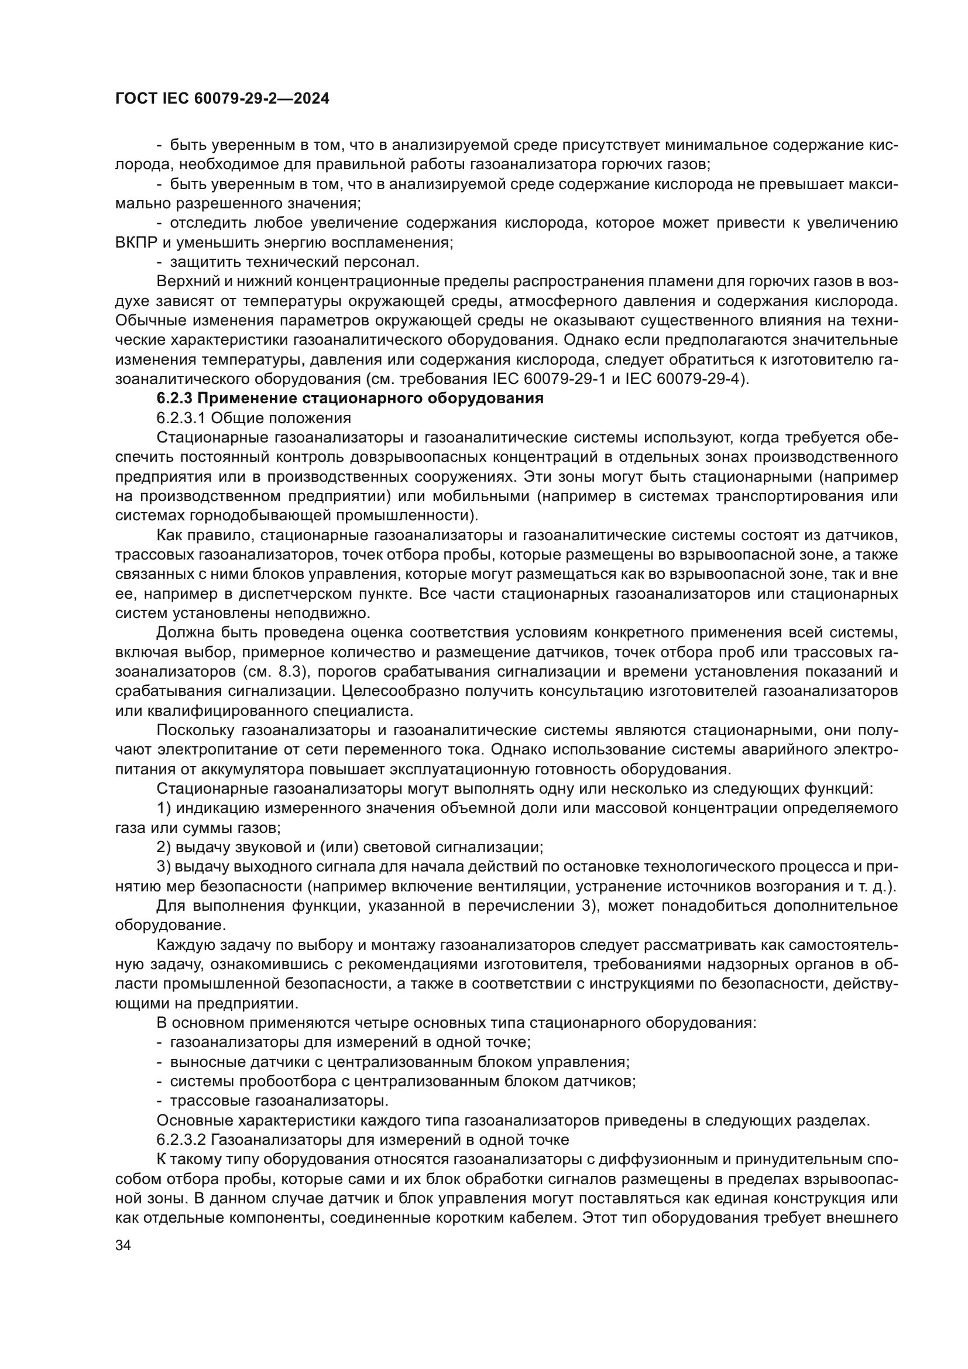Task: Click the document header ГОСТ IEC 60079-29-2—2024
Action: [222, 99]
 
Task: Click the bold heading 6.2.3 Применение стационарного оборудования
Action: [350, 399]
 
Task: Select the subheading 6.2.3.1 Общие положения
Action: [253, 418]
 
